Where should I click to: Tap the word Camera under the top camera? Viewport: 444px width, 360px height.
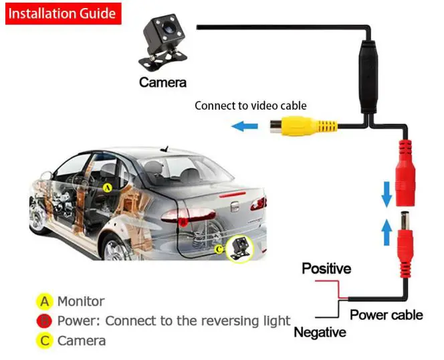pyautogui.click(x=162, y=83)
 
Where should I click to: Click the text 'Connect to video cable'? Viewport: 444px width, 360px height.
pyautogui.click(x=250, y=106)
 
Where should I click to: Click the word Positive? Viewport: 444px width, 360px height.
pyautogui.click(x=326, y=269)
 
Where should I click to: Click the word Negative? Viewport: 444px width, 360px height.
pyautogui.click(x=320, y=332)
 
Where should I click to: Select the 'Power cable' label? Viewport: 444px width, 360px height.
pyautogui.click(x=386, y=314)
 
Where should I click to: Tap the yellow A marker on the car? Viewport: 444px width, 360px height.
pyautogui.click(x=107, y=188)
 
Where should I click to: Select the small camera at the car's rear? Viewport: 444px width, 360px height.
pyautogui.click(x=239, y=249)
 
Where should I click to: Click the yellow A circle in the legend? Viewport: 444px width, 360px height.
pyautogui.click(x=45, y=301)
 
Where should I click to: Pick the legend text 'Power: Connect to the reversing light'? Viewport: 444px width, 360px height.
pyautogui.click(x=174, y=321)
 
